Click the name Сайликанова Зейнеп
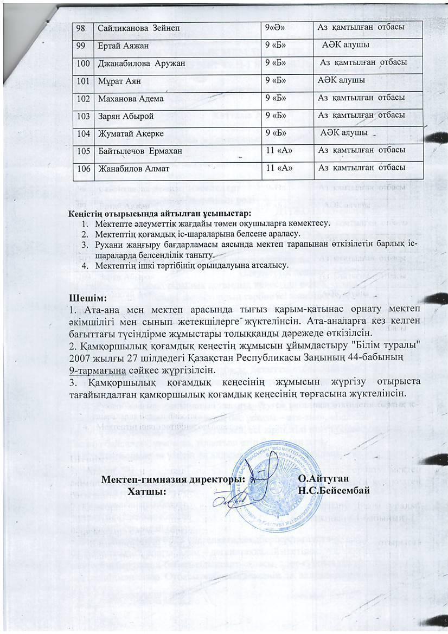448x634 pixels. (133, 27)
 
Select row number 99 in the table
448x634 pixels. (82, 45)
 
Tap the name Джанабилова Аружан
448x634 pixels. (141, 63)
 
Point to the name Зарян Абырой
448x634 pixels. (125, 116)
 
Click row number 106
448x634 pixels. (84, 169)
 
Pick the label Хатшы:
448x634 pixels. (146, 491)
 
